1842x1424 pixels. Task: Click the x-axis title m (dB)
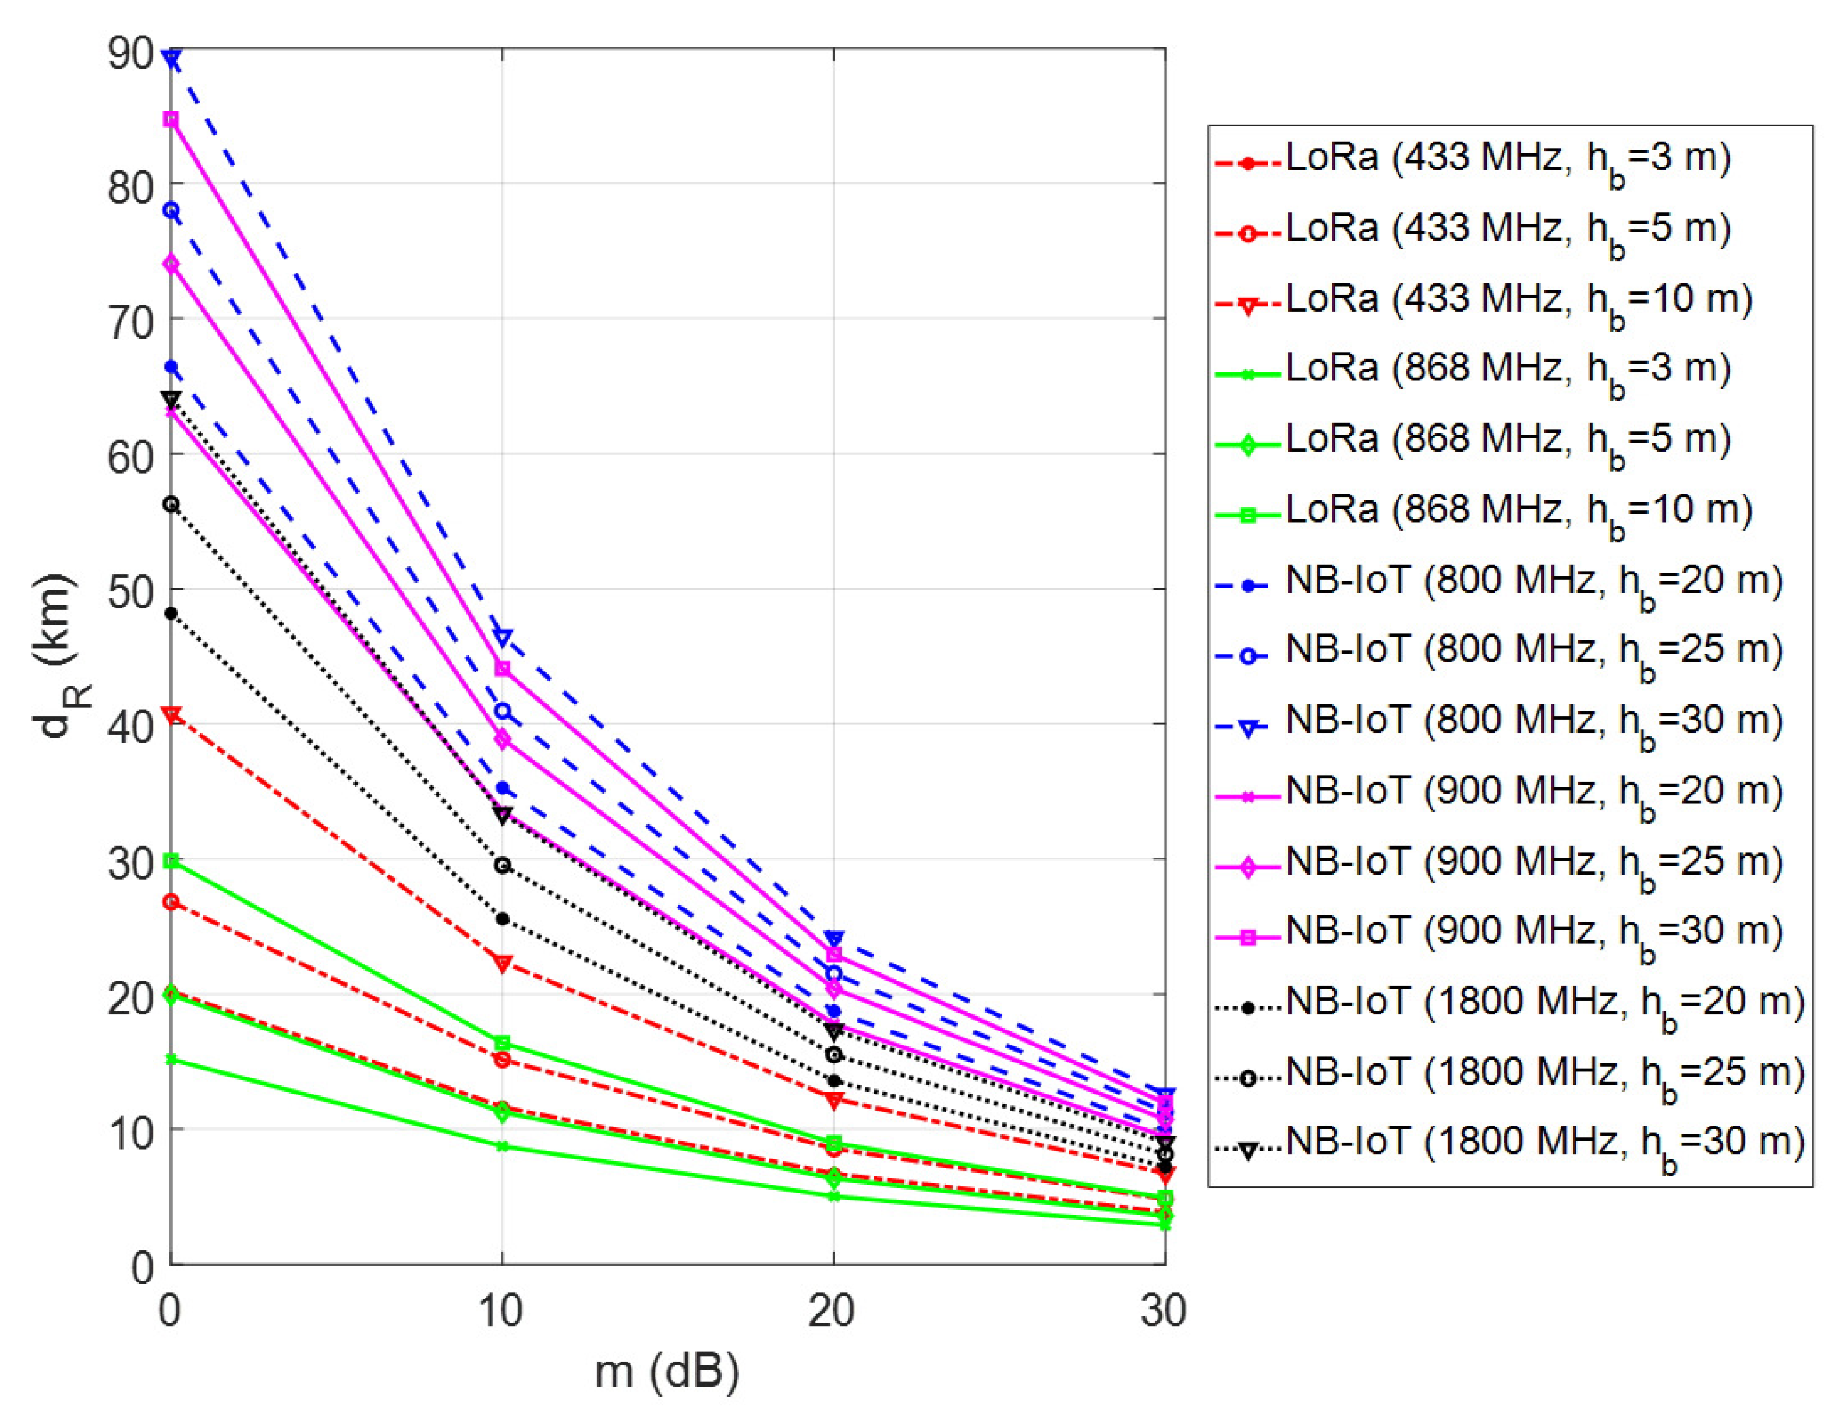(666, 1371)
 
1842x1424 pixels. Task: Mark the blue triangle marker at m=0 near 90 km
(171, 59)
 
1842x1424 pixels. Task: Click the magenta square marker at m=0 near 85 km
(171, 120)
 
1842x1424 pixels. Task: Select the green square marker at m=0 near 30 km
(171, 861)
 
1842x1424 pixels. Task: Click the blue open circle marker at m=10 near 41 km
(503, 711)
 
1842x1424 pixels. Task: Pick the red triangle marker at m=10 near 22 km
(503, 963)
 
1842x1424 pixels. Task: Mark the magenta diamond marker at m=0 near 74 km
(171, 264)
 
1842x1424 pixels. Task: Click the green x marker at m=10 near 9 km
(503, 1145)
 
